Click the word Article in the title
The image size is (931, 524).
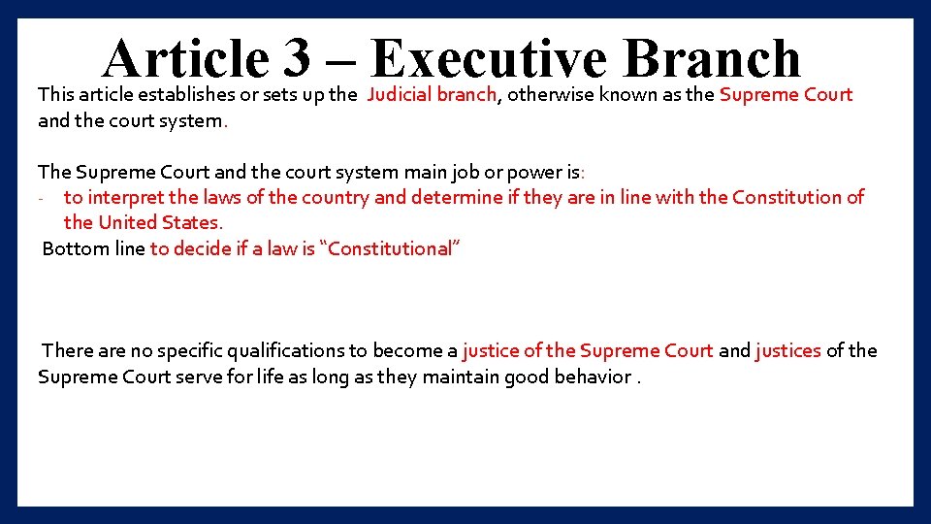click(185, 58)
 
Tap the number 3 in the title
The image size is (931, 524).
click(297, 58)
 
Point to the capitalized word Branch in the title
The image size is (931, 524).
click(712, 58)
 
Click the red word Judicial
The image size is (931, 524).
click(399, 95)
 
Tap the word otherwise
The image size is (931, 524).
click(549, 95)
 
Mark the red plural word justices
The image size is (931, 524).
click(787, 351)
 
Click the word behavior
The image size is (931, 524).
click(593, 377)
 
